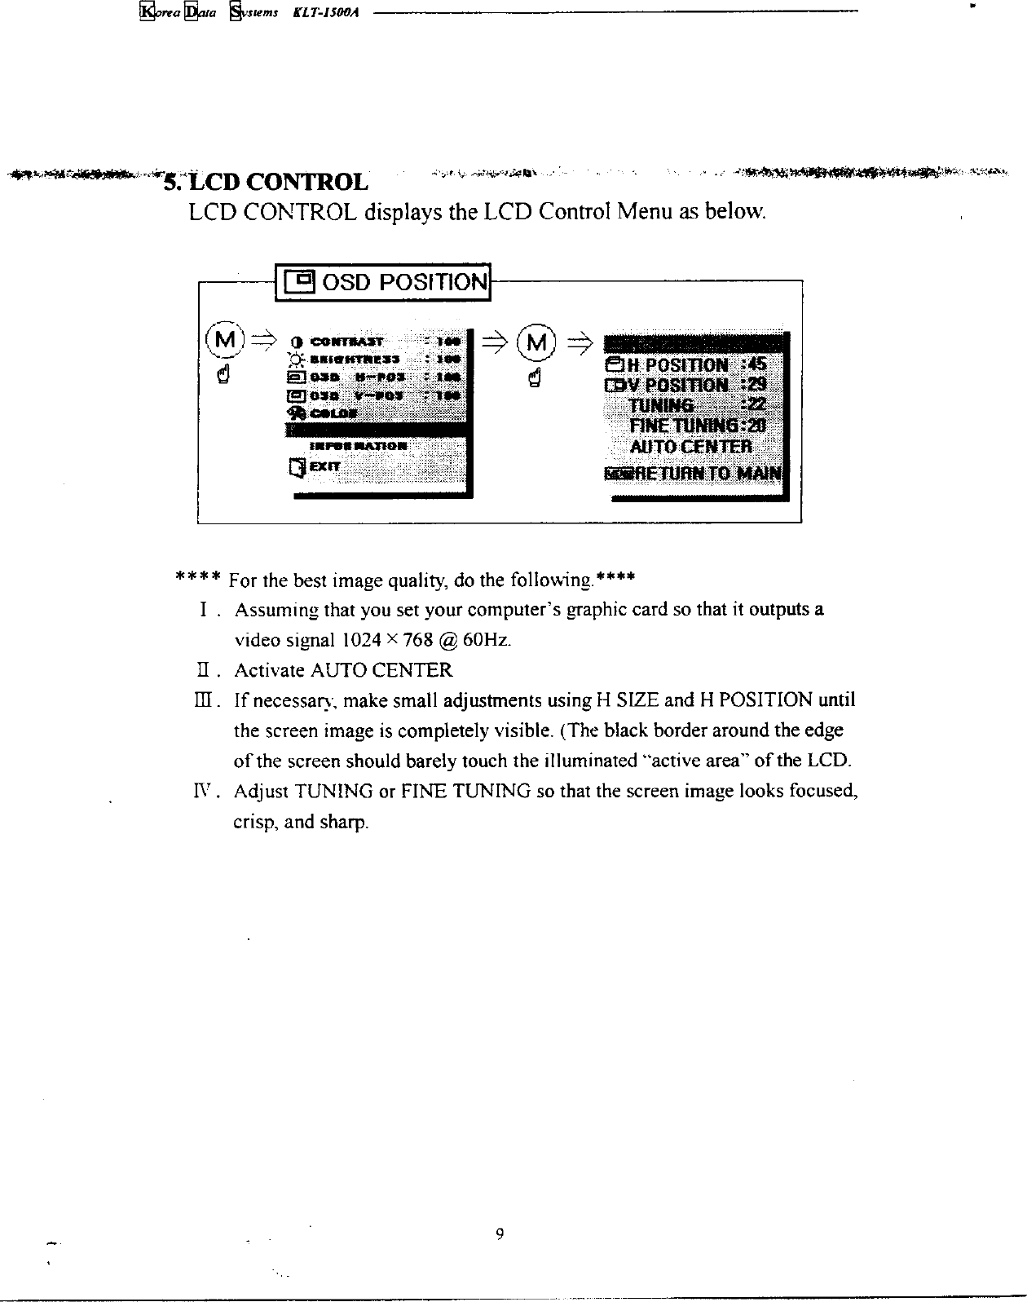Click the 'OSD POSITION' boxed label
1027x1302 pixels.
pyautogui.click(x=384, y=282)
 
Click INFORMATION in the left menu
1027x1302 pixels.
pyautogui.click(x=359, y=446)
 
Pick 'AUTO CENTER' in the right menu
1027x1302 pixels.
pyautogui.click(x=690, y=447)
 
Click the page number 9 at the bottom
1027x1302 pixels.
pyautogui.click(x=500, y=1234)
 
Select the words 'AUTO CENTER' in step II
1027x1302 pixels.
pyautogui.click(x=381, y=670)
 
